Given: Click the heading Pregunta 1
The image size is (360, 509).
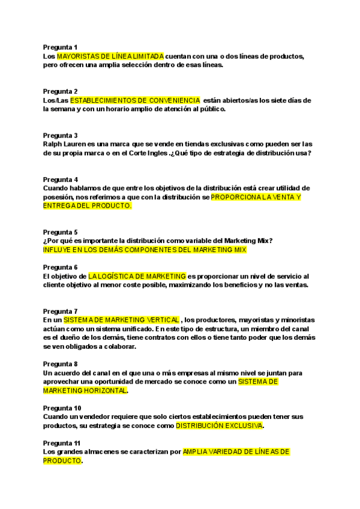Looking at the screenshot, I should [x=60, y=47].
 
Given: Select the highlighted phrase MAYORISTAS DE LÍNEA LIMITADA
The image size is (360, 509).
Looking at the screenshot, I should [x=110, y=56].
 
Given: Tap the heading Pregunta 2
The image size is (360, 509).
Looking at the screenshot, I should [x=60, y=91].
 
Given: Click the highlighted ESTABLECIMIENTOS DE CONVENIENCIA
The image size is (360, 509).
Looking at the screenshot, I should [x=135, y=100].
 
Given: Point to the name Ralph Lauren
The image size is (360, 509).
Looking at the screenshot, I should [x=64, y=144].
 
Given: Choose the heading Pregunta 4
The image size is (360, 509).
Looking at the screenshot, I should [x=60, y=179].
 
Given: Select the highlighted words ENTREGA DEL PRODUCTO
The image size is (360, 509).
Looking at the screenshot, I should [x=87, y=205].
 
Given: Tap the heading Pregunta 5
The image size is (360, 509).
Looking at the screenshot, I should [x=60, y=232].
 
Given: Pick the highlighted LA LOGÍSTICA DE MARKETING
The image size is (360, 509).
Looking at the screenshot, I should [x=137, y=276].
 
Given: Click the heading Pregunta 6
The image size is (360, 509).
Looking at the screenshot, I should [x=60, y=267].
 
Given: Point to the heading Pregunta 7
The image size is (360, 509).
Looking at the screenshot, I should [x=60, y=311].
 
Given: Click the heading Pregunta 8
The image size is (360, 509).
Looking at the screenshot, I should [x=60, y=364].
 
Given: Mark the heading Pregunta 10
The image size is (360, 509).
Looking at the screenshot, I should [x=62, y=408].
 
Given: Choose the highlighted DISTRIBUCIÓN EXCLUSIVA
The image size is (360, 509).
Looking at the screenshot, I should [x=219, y=426].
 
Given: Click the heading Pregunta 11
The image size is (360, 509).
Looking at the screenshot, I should [x=62, y=442].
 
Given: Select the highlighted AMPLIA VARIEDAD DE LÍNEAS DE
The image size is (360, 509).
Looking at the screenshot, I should [x=236, y=451].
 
